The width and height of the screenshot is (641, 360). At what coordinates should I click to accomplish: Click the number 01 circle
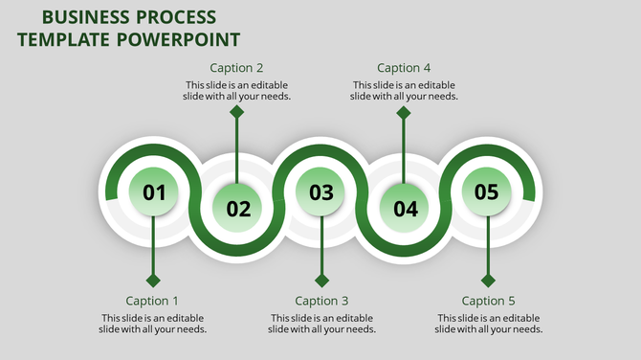153,191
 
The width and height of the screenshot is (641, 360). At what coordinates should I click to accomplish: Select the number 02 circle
237,208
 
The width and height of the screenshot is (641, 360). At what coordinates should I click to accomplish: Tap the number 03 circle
320,191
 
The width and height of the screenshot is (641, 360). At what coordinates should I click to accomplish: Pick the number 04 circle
405,208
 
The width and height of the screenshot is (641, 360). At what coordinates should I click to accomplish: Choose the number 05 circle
487,191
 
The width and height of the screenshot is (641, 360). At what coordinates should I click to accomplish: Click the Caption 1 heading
153,301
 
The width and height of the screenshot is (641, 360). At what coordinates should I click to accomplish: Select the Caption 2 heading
237,68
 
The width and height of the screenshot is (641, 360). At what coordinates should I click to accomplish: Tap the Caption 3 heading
321,301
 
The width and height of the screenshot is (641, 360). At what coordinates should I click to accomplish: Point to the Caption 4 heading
404,68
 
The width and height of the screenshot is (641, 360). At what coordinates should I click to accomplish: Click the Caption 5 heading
489,301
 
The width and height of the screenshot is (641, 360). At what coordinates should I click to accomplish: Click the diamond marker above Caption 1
153,281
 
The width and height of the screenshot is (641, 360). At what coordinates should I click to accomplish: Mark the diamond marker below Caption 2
237,112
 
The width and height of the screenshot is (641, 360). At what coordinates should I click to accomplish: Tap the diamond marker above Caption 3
321,281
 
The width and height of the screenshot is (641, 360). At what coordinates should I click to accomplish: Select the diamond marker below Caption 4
404,112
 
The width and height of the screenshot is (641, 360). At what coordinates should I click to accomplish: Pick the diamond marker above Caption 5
488,281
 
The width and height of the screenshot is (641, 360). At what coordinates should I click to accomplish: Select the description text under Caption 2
237,90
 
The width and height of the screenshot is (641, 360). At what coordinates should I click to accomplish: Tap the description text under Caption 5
489,323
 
